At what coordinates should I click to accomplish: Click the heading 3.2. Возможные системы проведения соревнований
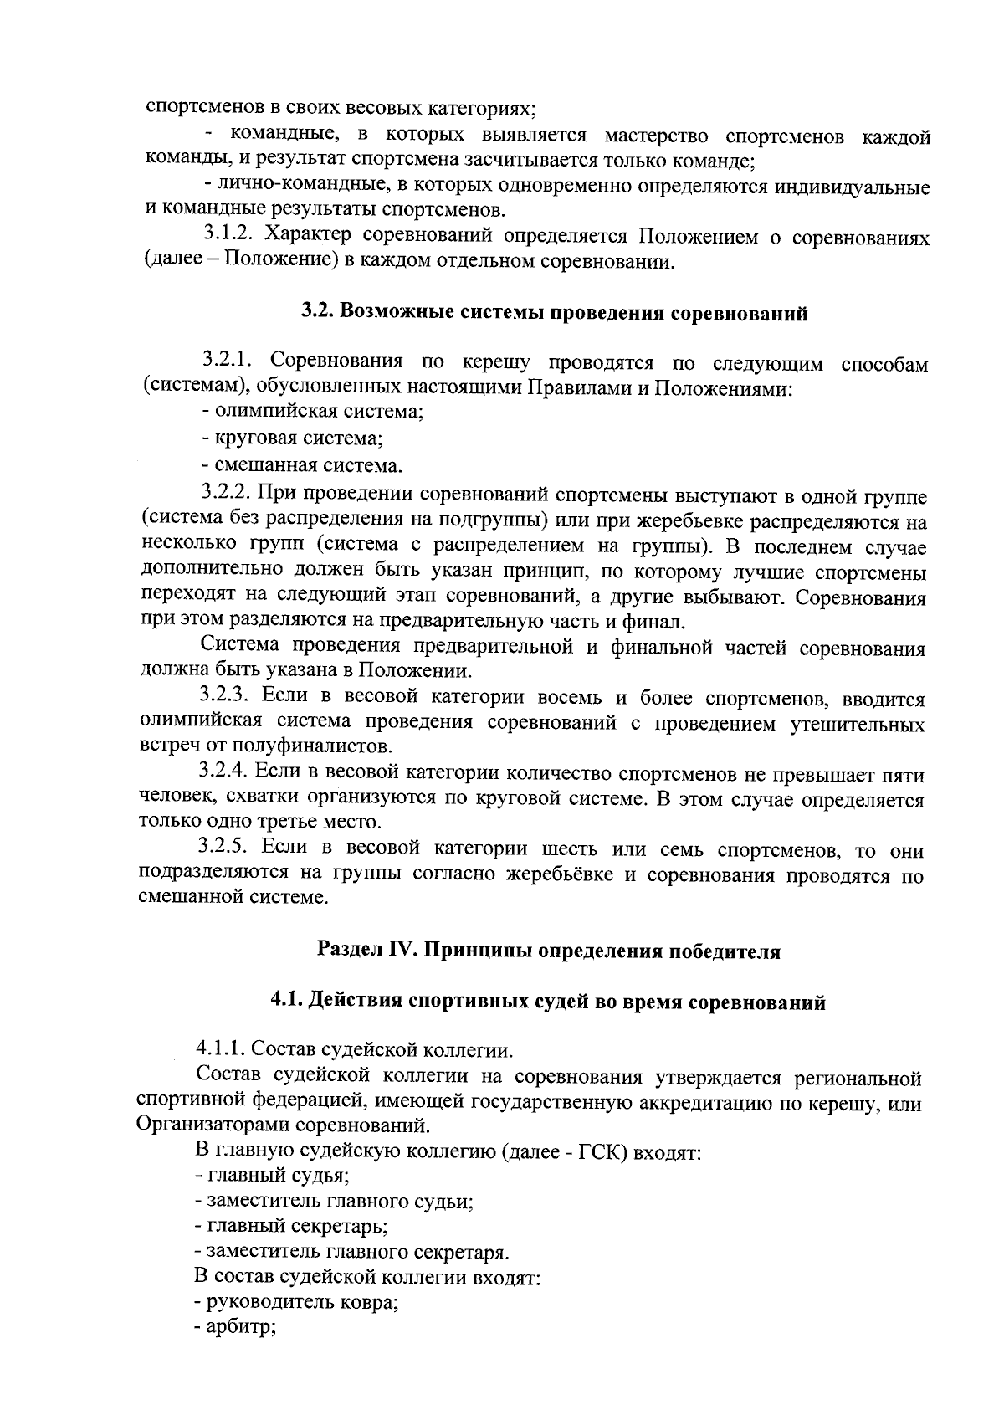[x=554, y=314]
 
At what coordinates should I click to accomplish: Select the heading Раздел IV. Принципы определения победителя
[x=548, y=951]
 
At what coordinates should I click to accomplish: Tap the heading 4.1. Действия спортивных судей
[x=547, y=1002]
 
